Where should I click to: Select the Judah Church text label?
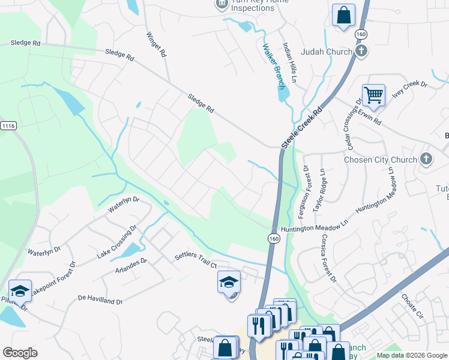[x=331, y=52]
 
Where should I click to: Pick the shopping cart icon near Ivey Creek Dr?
[x=373, y=94]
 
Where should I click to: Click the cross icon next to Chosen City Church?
[x=426, y=159]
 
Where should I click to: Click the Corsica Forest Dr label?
[x=328, y=258]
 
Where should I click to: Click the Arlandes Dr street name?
[x=131, y=269]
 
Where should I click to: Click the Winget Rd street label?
[x=156, y=44]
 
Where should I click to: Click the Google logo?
[x=20, y=353]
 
